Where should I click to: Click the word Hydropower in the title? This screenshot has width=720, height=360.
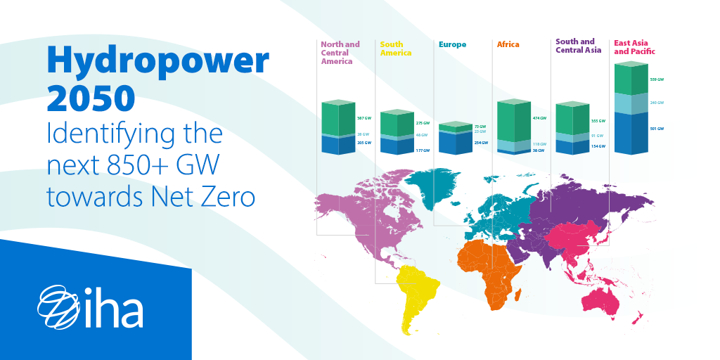pyautogui.click(x=157, y=63)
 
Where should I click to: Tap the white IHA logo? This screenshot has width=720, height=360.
pyautogui.click(x=90, y=307)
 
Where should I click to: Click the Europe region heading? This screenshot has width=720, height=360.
pyautogui.click(x=452, y=44)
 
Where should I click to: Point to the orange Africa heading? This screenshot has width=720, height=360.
pyautogui.click(x=508, y=44)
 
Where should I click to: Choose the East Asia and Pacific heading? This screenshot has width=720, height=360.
pyautogui.click(x=634, y=47)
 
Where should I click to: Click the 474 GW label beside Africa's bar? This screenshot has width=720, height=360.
pyautogui.click(x=540, y=118)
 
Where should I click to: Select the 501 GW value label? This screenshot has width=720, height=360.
pyautogui.click(x=657, y=129)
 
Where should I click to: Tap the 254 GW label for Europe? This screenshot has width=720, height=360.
pyautogui.click(x=481, y=143)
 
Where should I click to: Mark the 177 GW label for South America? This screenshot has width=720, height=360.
pyautogui.click(x=423, y=150)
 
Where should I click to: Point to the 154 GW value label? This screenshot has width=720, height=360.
pyautogui.click(x=598, y=146)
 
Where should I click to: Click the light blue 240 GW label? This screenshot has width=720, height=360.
pyautogui.click(x=657, y=103)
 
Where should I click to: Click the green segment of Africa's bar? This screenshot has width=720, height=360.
pyautogui.click(x=513, y=123)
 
